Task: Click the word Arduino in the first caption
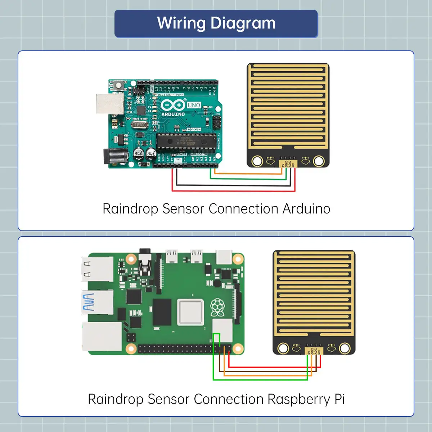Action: (x=306, y=209)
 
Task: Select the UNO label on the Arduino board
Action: (x=194, y=105)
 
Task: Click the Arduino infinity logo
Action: (x=173, y=105)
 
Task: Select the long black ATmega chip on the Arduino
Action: (x=186, y=141)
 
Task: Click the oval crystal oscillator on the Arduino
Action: (x=139, y=125)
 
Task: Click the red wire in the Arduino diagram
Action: (x=234, y=190)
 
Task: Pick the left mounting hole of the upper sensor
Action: (x=257, y=161)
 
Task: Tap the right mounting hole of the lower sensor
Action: (x=345, y=348)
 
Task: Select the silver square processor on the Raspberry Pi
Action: (x=190, y=312)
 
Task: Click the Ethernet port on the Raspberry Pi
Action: (x=102, y=336)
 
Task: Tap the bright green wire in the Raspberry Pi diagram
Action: (x=259, y=379)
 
